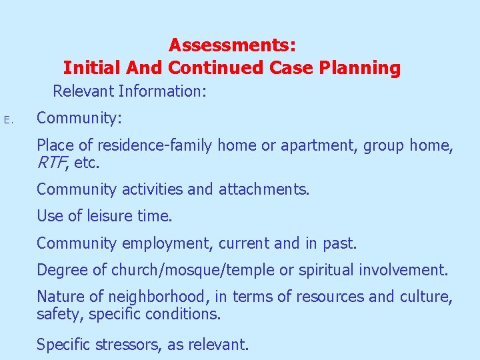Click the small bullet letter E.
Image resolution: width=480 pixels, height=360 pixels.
[x=7, y=120]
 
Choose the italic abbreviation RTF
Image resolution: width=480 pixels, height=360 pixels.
[x=51, y=161]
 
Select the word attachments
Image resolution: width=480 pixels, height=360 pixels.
[x=264, y=189]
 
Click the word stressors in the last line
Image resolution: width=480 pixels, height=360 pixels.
[x=130, y=345]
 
